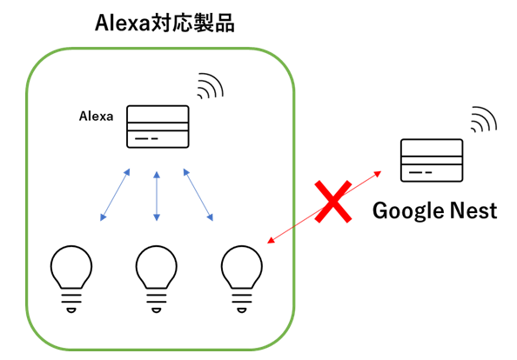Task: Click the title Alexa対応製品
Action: point(164,23)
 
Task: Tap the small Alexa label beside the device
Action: point(96,116)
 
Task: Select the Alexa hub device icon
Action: point(158,126)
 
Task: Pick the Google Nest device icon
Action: point(432,160)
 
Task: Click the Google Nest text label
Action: point(434,210)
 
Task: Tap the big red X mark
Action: point(333,202)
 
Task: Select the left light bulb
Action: point(71,279)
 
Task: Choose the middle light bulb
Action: point(157,279)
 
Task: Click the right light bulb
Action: point(242,279)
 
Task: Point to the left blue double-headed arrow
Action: point(115,195)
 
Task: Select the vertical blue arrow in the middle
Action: point(157,196)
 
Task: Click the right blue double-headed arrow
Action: point(198,195)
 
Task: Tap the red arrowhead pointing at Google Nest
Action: point(378,173)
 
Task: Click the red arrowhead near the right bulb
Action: point(271,241)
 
